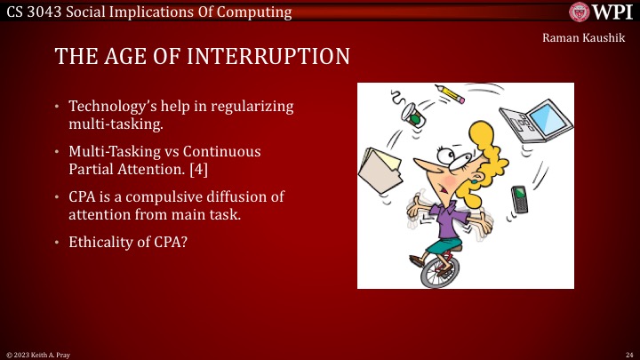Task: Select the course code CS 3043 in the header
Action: point(35,12)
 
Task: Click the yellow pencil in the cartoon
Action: point(452,92)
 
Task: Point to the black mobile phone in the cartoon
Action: point(521,200)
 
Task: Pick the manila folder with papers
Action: point(380,169)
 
